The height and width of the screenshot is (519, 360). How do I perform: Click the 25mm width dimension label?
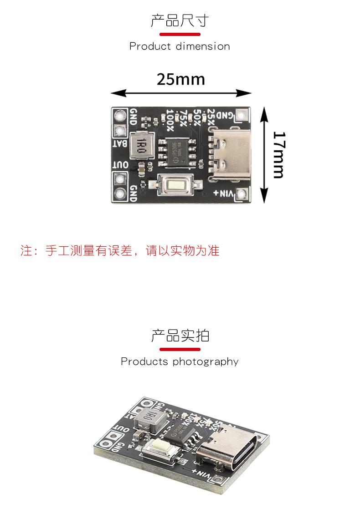181,79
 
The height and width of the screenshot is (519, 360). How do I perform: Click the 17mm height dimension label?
278,155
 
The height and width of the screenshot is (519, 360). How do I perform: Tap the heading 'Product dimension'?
180,46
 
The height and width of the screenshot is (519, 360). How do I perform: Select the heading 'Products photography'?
180,361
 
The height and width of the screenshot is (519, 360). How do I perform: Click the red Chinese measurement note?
120,250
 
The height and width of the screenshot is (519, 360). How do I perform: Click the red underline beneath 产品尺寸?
180,34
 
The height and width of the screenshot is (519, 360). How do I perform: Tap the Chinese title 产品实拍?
180,336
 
